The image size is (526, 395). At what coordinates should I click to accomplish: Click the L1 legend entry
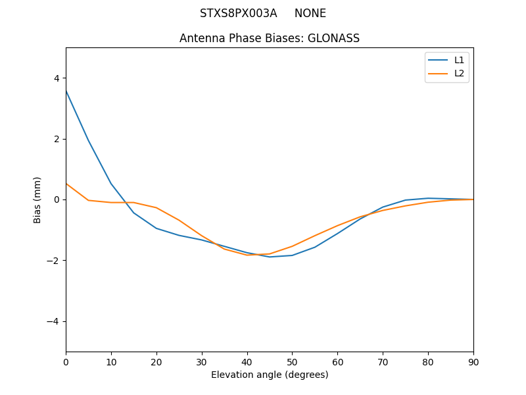(x=459, y=60)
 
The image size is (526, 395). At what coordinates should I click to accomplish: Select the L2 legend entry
(x=459, y=73)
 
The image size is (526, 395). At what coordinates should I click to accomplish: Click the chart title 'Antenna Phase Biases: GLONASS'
(x=270, y=38)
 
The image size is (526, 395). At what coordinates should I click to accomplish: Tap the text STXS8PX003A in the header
(x=239, y=13)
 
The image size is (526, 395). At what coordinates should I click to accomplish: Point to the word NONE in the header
(x=310, y=13)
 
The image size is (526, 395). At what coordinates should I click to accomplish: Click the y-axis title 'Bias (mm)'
(x=37, y=199)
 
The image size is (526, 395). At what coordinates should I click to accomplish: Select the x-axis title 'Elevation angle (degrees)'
(x=270, y=375)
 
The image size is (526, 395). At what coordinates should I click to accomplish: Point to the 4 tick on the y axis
(x=57, y=78)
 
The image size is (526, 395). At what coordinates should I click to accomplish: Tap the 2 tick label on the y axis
(x=57, y=139)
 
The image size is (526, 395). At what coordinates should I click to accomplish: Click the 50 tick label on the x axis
(x=292, y=361)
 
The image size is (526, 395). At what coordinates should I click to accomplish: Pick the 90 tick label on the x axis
(x=473, y=361)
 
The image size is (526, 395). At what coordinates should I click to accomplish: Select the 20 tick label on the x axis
(x=156, y=361)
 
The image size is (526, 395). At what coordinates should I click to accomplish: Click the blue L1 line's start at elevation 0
(x=66, y=90)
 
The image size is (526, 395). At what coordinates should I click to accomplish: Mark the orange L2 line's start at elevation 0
(x=66, y=184)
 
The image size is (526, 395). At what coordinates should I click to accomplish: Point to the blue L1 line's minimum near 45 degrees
(x=270, y=257)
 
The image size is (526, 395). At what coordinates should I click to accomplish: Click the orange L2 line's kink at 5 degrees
(x=88, y=200)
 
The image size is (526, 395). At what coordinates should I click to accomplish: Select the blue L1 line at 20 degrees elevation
(x=156, y=228)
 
